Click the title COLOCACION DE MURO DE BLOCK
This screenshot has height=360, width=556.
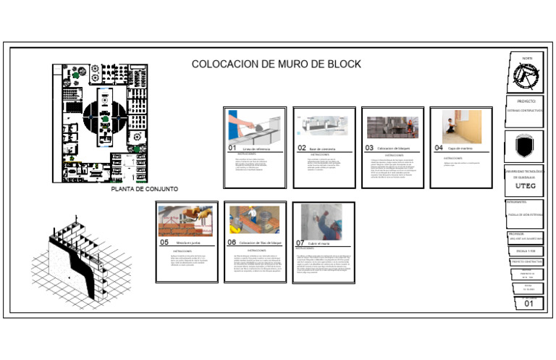(276, 64)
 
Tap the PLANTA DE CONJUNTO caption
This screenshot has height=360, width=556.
(145, 189)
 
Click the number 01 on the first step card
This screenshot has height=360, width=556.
(232, 148)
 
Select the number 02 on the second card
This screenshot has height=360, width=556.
(302, 148)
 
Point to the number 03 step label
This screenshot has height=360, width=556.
(368, 148)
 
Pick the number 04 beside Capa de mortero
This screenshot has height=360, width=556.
(439, 148)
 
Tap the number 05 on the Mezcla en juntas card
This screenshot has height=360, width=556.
(164, 243)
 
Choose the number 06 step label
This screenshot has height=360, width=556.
(232, 243)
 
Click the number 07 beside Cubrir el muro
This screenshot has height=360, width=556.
(300, 243)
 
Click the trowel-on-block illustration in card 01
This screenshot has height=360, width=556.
(253, 125)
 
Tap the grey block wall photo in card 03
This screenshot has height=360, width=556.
(390, 127)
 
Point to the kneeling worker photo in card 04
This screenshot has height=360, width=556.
(461, 126)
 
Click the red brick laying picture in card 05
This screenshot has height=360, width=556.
(185, 220)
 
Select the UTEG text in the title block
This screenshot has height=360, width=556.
(525, 185)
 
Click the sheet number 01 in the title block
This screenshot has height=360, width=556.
(529, 304)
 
